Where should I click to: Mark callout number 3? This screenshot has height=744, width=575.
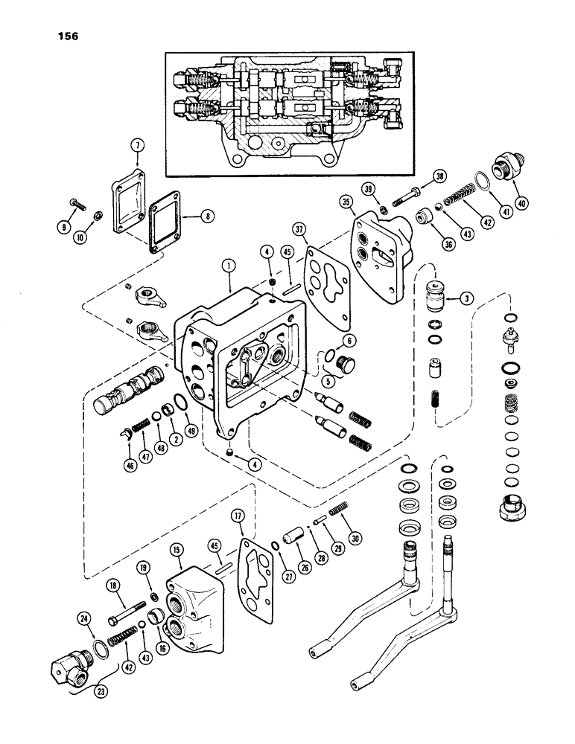point(468,299)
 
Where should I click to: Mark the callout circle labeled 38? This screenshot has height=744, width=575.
point(439,177)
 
